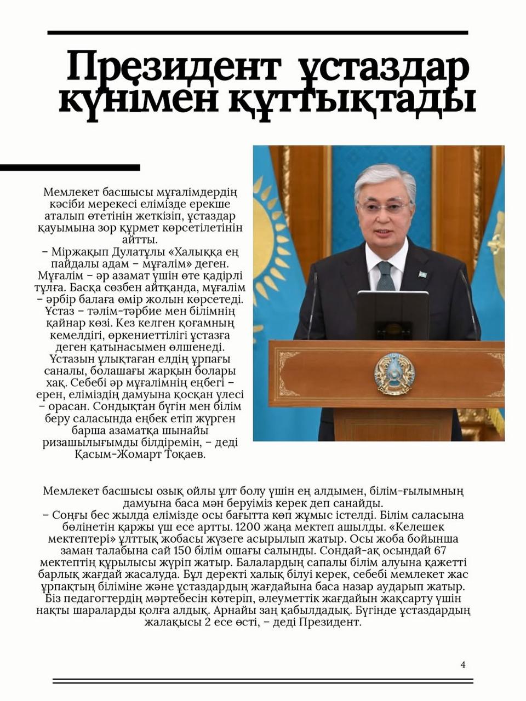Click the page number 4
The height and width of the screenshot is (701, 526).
point(463,665)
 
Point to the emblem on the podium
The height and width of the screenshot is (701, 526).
point(395,375)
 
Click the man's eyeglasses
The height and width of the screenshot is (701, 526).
point(385,208)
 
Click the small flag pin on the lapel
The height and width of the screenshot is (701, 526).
point(422,274)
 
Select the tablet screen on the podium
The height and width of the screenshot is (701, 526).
point(392,315)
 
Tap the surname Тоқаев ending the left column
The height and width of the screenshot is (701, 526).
point(181,455)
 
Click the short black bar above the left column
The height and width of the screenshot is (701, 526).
point(70,168)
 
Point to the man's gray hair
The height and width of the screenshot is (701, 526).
point(384,176)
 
